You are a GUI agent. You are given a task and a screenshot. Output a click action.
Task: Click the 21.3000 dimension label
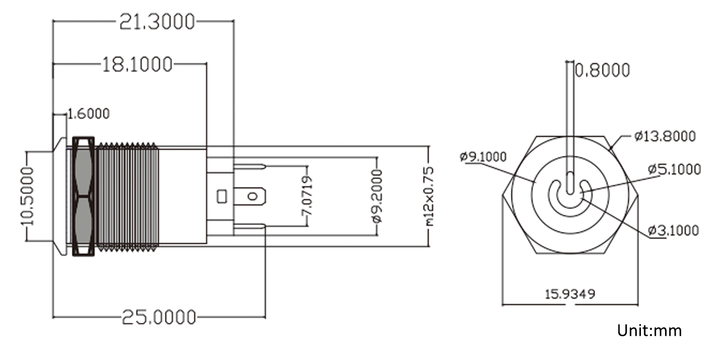[x=157, y=21]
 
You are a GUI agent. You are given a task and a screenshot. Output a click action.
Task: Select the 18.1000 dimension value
[x=136, y=64]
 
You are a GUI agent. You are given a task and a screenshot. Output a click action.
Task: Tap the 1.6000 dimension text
[x=89, y=113]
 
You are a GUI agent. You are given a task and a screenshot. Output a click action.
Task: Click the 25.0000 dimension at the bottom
[x=159, y=317]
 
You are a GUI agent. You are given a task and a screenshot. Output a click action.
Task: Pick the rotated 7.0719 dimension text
[x=307, y=196]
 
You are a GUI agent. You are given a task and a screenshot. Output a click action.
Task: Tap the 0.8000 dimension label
[x=603, y=70]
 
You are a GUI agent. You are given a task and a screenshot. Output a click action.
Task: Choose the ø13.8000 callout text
[x=665, y=136]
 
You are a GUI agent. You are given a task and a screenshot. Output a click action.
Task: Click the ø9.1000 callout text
[x=483, y=156]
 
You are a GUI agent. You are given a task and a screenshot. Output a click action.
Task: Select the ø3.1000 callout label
[x=673, y=230]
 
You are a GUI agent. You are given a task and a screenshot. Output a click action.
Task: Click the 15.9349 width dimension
[x=570, y=293]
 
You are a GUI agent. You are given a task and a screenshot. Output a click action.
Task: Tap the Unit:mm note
[x=649, y=330]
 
